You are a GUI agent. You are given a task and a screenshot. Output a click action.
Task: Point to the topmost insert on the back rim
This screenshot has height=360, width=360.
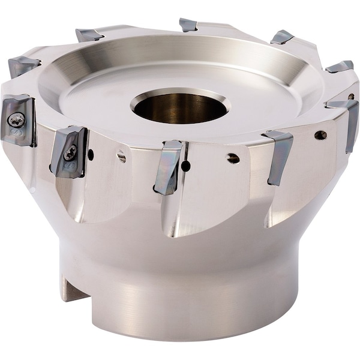click(x=188, y=25)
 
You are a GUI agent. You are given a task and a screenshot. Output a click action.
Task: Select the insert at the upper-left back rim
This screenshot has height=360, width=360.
click(x=89, y=34)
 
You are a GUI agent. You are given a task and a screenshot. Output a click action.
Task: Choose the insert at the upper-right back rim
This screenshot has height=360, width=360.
click(x=282, y=37)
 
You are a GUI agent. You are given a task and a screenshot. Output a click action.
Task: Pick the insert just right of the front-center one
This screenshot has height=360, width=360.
click(x=278, y=155)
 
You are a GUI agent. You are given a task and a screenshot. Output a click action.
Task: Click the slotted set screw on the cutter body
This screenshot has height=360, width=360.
click(x=122, y=157)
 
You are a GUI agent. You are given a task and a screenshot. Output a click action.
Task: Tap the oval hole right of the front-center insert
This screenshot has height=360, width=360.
click(x=233, y=158)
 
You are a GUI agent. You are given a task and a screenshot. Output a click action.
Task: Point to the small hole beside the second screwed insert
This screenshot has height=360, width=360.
click(x=91, y=155)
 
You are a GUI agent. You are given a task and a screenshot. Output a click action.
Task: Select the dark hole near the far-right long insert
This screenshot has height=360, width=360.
click(x=320, y=135)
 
